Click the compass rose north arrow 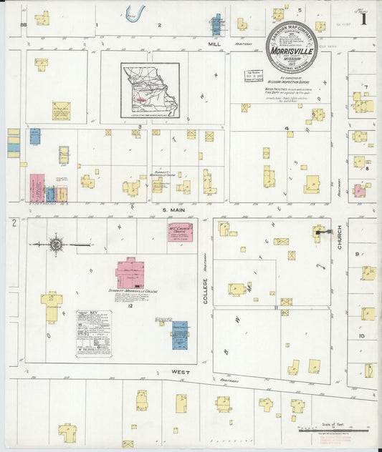(56, 245)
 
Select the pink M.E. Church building (180, 232)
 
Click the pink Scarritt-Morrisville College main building (130, 273)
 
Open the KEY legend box (95, 333)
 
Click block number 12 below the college (130, 305)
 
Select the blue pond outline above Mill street (134, 13)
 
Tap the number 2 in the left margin (14, 224)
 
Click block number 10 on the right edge (362, 335)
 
